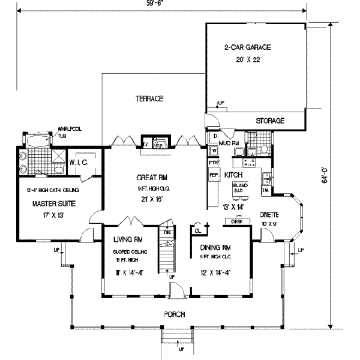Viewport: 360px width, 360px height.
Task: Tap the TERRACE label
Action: click(149, 99)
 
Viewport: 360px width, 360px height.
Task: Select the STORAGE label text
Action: click(270, 121)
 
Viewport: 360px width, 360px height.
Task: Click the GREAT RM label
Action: click(154, 178)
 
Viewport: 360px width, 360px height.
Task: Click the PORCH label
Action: click(175, 314)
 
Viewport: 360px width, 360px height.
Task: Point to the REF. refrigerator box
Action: click(214, 175)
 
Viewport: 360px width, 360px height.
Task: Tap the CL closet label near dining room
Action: click(197, 230)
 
